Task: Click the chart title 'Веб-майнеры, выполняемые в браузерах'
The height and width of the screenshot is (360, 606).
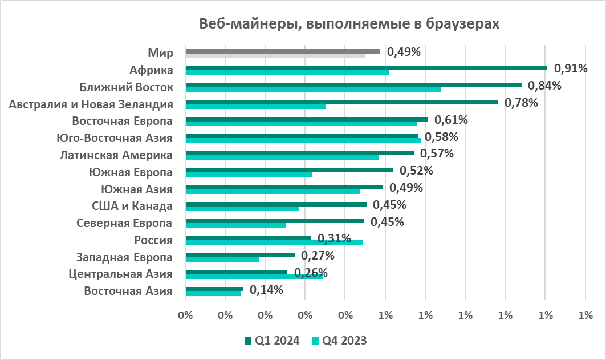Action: tap(349, 24)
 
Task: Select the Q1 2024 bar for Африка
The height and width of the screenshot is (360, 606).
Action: tap(366, 68)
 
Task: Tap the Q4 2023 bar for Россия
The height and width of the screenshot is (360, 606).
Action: tap(274, 242)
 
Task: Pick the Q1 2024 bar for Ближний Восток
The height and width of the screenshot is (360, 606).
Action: tap(353, 85)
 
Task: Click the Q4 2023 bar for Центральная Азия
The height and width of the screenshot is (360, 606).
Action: tap(254, 277)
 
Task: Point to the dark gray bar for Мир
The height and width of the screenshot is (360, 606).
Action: tap(283, 51)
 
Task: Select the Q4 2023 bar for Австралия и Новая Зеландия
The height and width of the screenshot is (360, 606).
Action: tap(255, 106)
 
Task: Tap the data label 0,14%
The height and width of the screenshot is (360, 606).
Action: tap(267, 290)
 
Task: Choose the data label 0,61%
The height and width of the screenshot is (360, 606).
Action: tap(452, 120)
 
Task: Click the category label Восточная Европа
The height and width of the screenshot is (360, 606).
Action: tap(123, 121)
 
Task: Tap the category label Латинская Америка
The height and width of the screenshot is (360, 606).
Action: tap(116, 155)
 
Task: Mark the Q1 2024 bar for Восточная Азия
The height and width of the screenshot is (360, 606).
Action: tap(214, 289)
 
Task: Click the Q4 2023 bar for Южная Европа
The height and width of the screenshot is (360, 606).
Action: tap(249, 174)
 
